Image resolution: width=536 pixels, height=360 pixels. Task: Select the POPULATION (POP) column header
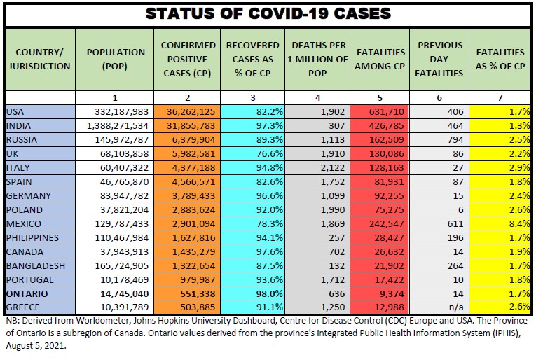click(x=116, y=59)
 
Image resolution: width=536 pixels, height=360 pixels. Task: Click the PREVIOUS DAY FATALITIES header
click(x=440, y=59)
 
